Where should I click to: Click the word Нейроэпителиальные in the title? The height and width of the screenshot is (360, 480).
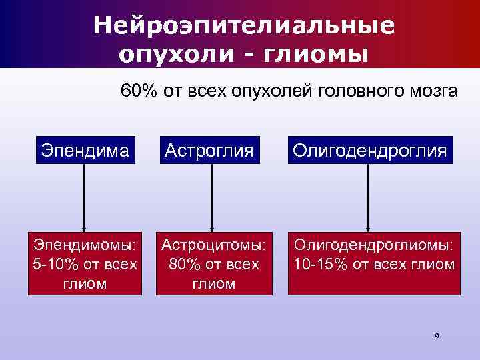point(243,25)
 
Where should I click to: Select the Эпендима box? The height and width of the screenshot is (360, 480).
point(84,150)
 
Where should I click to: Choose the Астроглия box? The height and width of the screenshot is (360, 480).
point(211,150)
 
